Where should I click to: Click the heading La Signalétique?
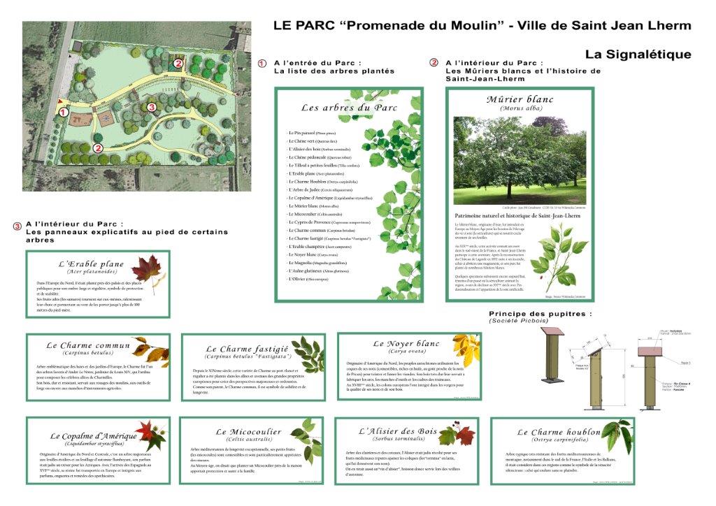(x=638, y=54)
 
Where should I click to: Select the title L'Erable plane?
(x=92, y=264)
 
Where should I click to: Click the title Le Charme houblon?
(x=551, y=433)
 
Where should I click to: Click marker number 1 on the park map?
(x=63, y=112)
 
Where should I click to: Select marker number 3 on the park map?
(x=152, y=107)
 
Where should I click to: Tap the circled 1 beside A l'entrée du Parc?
(x=262, y=63)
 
